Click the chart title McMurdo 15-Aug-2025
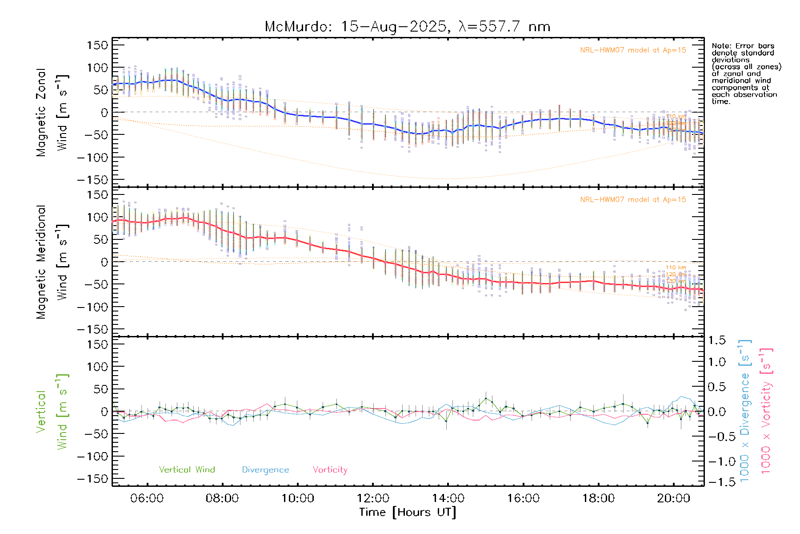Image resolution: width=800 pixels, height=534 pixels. click(407, 27)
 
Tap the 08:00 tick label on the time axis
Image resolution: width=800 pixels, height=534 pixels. click(222, 498)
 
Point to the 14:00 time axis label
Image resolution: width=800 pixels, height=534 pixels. click(448, 498)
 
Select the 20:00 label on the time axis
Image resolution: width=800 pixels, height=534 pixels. click(674, 498)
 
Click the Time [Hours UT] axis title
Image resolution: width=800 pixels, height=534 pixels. click(407, 512)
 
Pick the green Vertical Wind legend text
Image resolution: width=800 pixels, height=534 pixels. click(187, 470)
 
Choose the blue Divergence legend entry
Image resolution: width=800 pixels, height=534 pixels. click(265, 470)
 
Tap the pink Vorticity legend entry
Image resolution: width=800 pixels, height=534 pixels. click(330, 470)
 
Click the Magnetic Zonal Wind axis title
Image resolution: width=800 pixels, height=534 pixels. click(52, 112)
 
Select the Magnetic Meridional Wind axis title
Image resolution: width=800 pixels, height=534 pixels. click(52, 262)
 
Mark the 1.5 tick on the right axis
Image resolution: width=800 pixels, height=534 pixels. click(717, 340)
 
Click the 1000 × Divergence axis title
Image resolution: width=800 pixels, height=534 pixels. click(745, 410)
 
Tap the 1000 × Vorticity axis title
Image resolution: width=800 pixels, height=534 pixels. click(766, 410)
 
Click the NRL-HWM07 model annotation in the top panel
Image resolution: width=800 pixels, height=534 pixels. click(633, 50)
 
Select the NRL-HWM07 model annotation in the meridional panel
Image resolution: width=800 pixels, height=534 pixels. click(633, 200)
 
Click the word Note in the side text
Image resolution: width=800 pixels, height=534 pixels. click(720, 46)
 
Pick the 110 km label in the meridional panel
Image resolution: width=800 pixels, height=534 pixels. click(676, 267)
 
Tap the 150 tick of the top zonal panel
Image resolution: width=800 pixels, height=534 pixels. click(97, 45)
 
